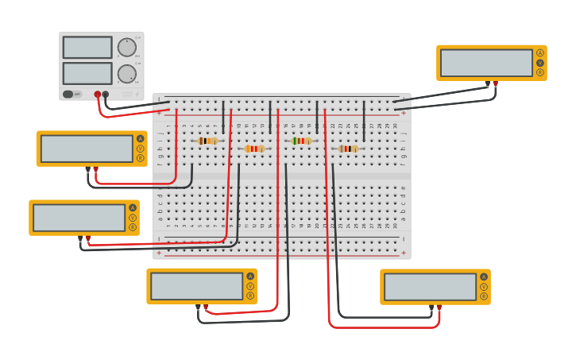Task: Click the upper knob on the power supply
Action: [x=126, y=47]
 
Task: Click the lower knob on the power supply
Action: [x=126, y=75]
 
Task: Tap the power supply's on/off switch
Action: [x=72, y=94]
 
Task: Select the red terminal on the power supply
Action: [x=98, y=94]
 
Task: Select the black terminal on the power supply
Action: [x=106, y=94]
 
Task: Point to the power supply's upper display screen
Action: [x=87, y=48]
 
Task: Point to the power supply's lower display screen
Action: [x=87, y=74]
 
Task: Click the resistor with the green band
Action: [x=301, y=141]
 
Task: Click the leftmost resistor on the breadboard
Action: [x=207, y=141]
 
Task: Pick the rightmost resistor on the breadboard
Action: [x=348, y=149]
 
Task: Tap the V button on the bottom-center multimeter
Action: [x=250, y=286]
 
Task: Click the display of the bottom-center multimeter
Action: [x=196, y=286]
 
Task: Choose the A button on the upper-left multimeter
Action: [x=141, y=138]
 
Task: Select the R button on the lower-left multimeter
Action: [x=133, y=227]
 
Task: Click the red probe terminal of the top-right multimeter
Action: [x=496, y=83]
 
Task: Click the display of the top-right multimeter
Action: [x=486, y=63]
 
